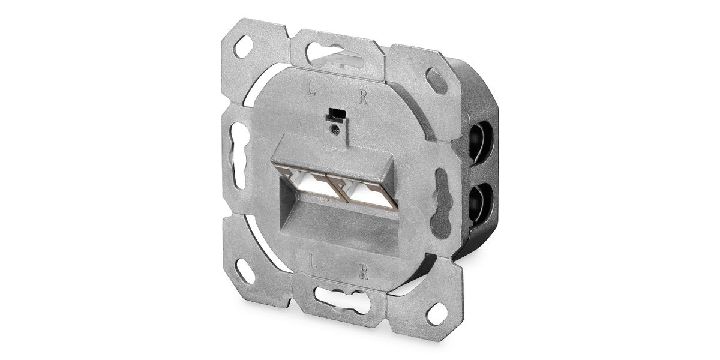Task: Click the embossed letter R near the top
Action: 363,97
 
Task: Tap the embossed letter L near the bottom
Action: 312,260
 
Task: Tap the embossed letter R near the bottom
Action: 364,271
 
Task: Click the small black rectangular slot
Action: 335,115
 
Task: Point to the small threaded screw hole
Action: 335,130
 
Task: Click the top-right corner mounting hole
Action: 436,80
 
